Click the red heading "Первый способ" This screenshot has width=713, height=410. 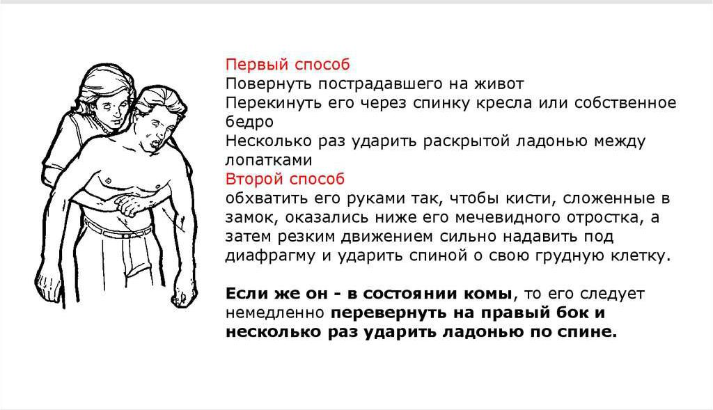point(288,65)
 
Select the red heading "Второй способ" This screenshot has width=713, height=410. point(285,179)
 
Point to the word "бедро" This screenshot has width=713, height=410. point(250,122)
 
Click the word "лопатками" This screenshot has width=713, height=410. point(269,160)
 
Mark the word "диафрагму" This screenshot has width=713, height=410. point(270,256)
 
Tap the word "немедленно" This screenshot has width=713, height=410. point(274,313)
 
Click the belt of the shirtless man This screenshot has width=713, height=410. point(116,230)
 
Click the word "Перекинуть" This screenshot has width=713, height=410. point(273,103)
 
